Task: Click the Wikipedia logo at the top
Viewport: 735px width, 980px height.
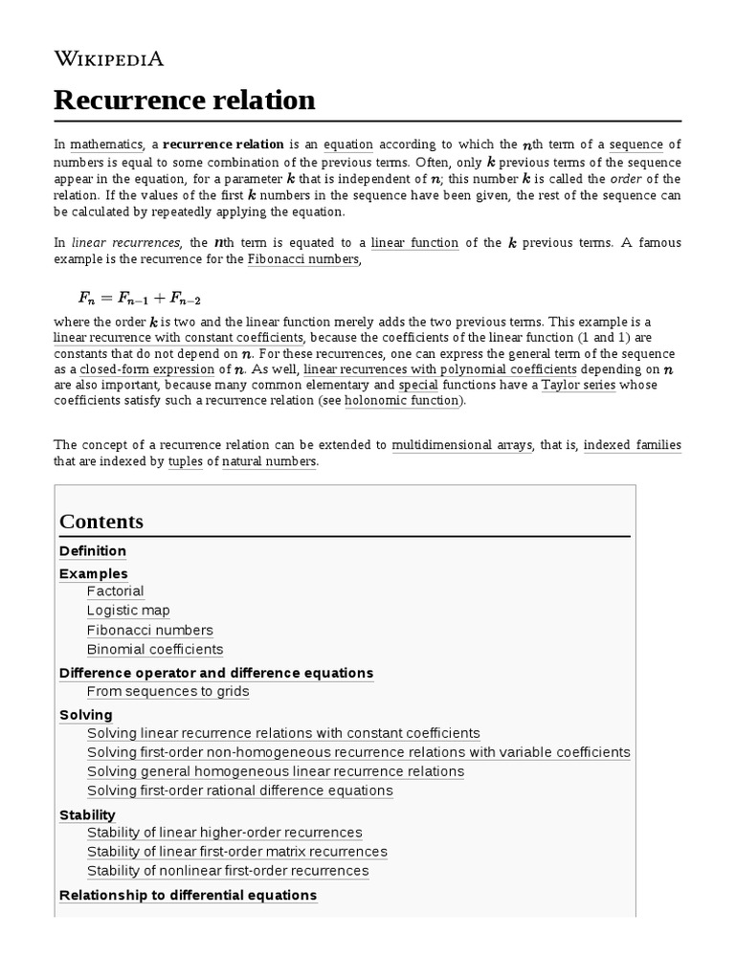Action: pyautogui.click(x=108, y=58)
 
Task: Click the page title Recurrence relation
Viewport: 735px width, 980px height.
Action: pyautogui.click(x=184, y=100)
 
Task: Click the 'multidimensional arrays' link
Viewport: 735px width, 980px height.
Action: pyautogui.click(x=462, y=445)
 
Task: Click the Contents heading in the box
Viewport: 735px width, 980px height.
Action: pyautogui.click(x=101, y=522)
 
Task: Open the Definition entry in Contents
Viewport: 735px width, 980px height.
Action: pyautogui.click(x=93, y=551)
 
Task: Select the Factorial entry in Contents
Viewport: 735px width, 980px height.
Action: pyautogui.click(x=115, y=591)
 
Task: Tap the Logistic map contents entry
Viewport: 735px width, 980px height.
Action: pyautogui.click(x=128, y=611)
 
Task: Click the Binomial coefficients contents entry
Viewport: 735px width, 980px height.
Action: pyautogui.click(x=155, y=649)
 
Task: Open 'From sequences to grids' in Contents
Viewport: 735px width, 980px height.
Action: pyautogui.click(x=167, y=691)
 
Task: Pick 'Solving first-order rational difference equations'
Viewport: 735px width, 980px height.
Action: pyautogui.click(x=239, y=791)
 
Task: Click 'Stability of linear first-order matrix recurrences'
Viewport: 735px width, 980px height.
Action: pyautogui.click(x=236, y=852)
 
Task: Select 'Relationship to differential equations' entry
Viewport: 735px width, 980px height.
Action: pyautogui.click(x=188, y=895)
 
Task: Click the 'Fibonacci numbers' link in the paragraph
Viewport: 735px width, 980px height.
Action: pyautogui.click(x=302, y=259)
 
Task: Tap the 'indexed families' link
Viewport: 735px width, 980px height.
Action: pyautogui.click(x=632, y=445)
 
